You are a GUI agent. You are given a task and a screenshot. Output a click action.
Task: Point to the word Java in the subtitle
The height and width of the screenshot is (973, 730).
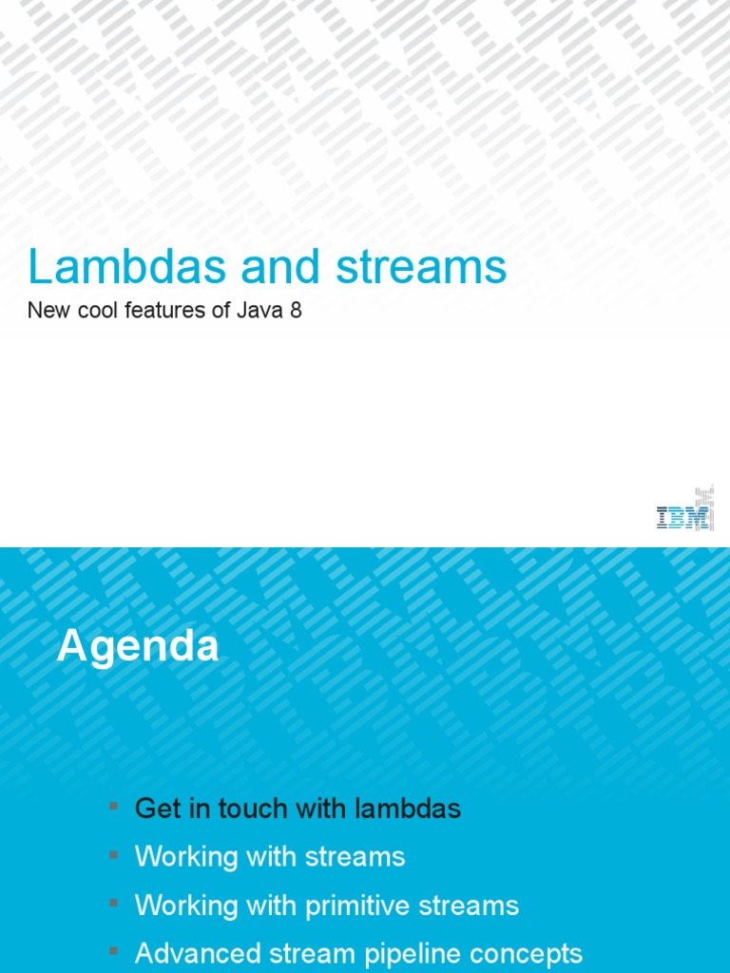[261, 310]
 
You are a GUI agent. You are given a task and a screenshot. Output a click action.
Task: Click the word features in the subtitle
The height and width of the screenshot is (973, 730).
[167, 310]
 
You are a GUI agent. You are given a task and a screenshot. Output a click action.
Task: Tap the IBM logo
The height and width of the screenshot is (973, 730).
[683, 516]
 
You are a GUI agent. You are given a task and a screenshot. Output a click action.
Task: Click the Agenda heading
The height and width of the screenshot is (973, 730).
[138, 647]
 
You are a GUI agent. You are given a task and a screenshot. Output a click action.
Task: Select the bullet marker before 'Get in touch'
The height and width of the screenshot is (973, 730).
[113, 807]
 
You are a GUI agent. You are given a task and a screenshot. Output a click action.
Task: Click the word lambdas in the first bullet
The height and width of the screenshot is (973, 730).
[408, 809]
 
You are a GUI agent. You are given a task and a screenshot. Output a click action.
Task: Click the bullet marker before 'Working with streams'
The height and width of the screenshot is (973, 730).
[113, 855]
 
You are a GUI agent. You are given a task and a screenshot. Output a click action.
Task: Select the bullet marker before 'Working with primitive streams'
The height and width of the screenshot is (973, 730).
[113, 904]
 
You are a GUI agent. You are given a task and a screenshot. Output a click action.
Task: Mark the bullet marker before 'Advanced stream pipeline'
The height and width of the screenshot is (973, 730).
[113, 951]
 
